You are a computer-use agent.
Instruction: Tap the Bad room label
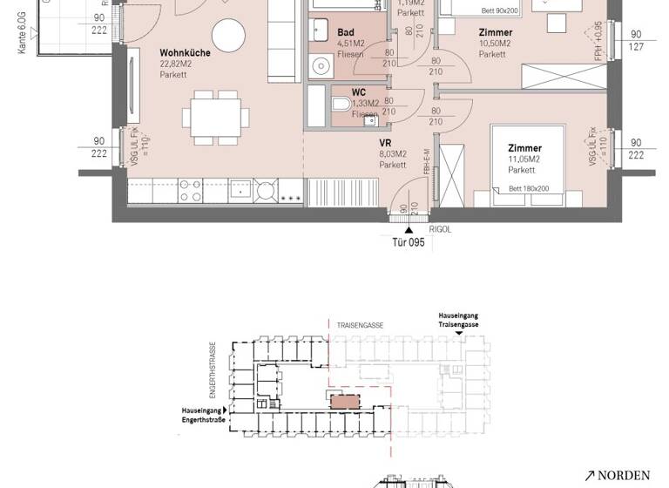click(345, 33)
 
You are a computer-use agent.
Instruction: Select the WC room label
click(358, 91)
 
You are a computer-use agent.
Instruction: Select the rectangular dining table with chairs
click(216, 117)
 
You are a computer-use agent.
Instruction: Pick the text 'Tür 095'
click(408, 243)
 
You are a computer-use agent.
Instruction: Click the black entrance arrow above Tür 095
click(409, 229)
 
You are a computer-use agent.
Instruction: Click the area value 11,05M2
click(524, 159)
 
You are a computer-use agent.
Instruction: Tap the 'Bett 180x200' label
click(528, 188)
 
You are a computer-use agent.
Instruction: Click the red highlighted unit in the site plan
click(344, 400)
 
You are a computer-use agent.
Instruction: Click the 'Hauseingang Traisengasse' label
click(458, 319)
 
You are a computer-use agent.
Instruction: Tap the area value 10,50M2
click(494, 43)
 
